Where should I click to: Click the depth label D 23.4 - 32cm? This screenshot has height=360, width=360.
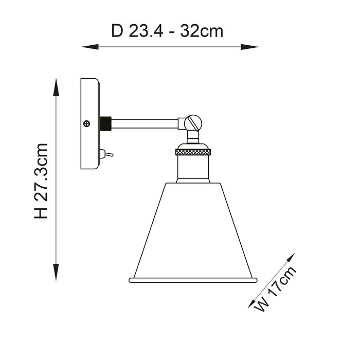click(x=167, y=31)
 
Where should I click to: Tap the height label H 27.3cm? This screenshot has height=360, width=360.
click(x=41, y=181)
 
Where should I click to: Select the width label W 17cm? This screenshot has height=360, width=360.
click(x=275, y=289)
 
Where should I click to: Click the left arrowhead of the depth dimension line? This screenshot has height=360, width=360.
click(x=90, y=47)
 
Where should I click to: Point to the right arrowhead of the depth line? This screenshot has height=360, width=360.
click(x=250, y=47)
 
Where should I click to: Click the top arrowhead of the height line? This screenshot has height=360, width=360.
click(x=56, y=87)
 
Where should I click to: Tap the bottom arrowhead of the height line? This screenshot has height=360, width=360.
click(x=56, y=272)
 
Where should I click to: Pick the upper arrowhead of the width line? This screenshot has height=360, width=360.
click(x=290, y=259)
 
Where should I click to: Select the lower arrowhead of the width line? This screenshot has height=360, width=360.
click(x=254, y=302)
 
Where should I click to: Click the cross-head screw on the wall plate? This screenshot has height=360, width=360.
click(x=86, y=123)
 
